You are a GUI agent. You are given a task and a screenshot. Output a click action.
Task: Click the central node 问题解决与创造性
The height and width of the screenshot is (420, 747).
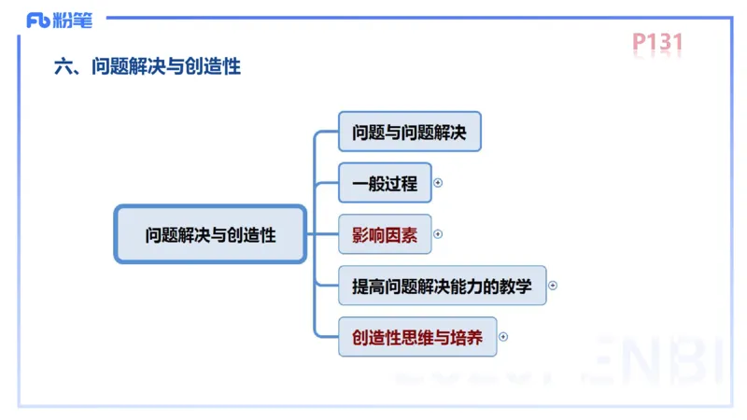coord(210,234)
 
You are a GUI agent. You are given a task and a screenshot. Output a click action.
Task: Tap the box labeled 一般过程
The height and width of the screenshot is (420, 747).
coord(385,183)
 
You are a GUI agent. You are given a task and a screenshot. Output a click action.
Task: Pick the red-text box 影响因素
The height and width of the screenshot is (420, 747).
coord(385,234)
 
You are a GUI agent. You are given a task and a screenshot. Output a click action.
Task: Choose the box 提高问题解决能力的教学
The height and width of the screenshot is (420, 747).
coord(442,286)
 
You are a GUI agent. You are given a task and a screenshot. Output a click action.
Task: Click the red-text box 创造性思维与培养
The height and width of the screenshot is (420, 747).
coord(417,337)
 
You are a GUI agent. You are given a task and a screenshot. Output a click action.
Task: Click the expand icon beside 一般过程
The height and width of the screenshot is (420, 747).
coord(439,183)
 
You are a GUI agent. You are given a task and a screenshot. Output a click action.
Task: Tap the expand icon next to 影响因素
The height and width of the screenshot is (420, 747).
coord(439,234)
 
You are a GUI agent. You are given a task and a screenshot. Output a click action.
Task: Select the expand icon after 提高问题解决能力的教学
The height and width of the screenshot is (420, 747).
coord(553,286)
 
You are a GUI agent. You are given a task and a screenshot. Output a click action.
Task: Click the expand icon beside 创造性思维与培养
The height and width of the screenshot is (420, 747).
coord(505,337)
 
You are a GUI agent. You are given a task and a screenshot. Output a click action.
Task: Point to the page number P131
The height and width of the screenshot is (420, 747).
coord(658,42)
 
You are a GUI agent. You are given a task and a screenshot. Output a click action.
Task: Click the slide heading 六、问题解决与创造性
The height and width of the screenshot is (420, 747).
coord(148,67)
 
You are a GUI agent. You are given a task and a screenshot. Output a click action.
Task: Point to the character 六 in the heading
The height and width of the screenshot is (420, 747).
coord(63,67)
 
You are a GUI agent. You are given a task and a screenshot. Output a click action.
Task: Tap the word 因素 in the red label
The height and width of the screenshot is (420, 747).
coord(402,234)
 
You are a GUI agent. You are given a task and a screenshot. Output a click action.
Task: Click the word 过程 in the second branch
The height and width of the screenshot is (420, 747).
coord(402,183)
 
